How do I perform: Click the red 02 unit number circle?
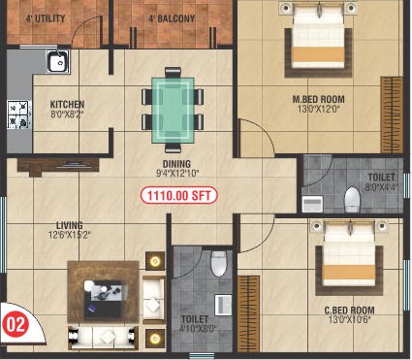pos(16,325)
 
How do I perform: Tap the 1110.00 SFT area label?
pos(178,195)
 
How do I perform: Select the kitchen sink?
pos(58,61)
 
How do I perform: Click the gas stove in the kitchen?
pos(19,115)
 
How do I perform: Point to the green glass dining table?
pos(174,110)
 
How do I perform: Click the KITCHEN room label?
pos(67,104)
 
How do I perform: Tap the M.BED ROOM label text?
pos(318,99)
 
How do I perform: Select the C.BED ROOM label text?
pos(349,311)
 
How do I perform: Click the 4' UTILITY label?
pos(46,18)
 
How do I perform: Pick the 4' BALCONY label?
pos(172,18)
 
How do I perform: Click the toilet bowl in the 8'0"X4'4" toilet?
pos(352,200)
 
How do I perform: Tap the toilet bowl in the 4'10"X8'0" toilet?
pos(219,264)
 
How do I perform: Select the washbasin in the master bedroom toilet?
pos(312,204)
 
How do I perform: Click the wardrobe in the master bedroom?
pos(392,115)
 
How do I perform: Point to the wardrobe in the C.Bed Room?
pos(248,313)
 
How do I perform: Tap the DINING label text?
pos(176,164)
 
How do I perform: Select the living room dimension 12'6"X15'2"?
pos(70,235)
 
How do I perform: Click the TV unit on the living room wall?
pos(58,166)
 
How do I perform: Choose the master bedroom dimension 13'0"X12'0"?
pos(319,109)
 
